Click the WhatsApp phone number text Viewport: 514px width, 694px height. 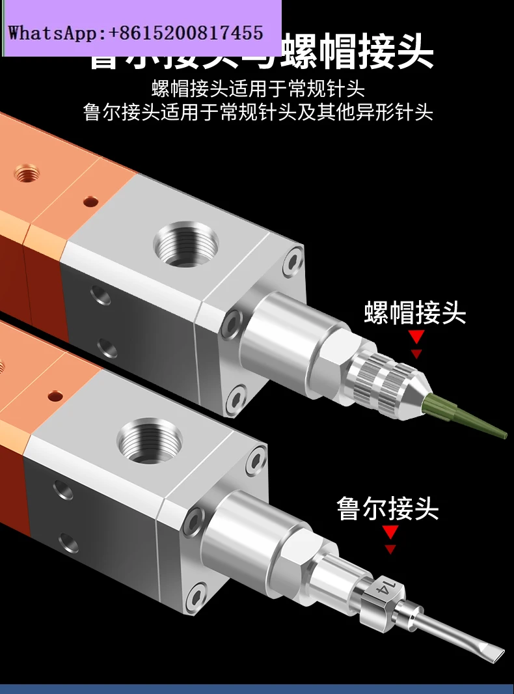(135, 33)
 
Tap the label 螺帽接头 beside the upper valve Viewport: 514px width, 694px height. (415, 313)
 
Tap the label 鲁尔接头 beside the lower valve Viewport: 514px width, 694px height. (388, 508)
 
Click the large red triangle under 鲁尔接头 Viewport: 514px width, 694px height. (390, 533)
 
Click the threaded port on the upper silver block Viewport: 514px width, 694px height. (186, 245)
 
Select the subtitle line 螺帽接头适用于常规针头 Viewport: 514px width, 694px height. (258, 89)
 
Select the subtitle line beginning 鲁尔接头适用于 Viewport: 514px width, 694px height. (258, 113)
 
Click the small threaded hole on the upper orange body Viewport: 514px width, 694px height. (26, 174)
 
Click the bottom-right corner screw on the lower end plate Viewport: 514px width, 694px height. (196, 596)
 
